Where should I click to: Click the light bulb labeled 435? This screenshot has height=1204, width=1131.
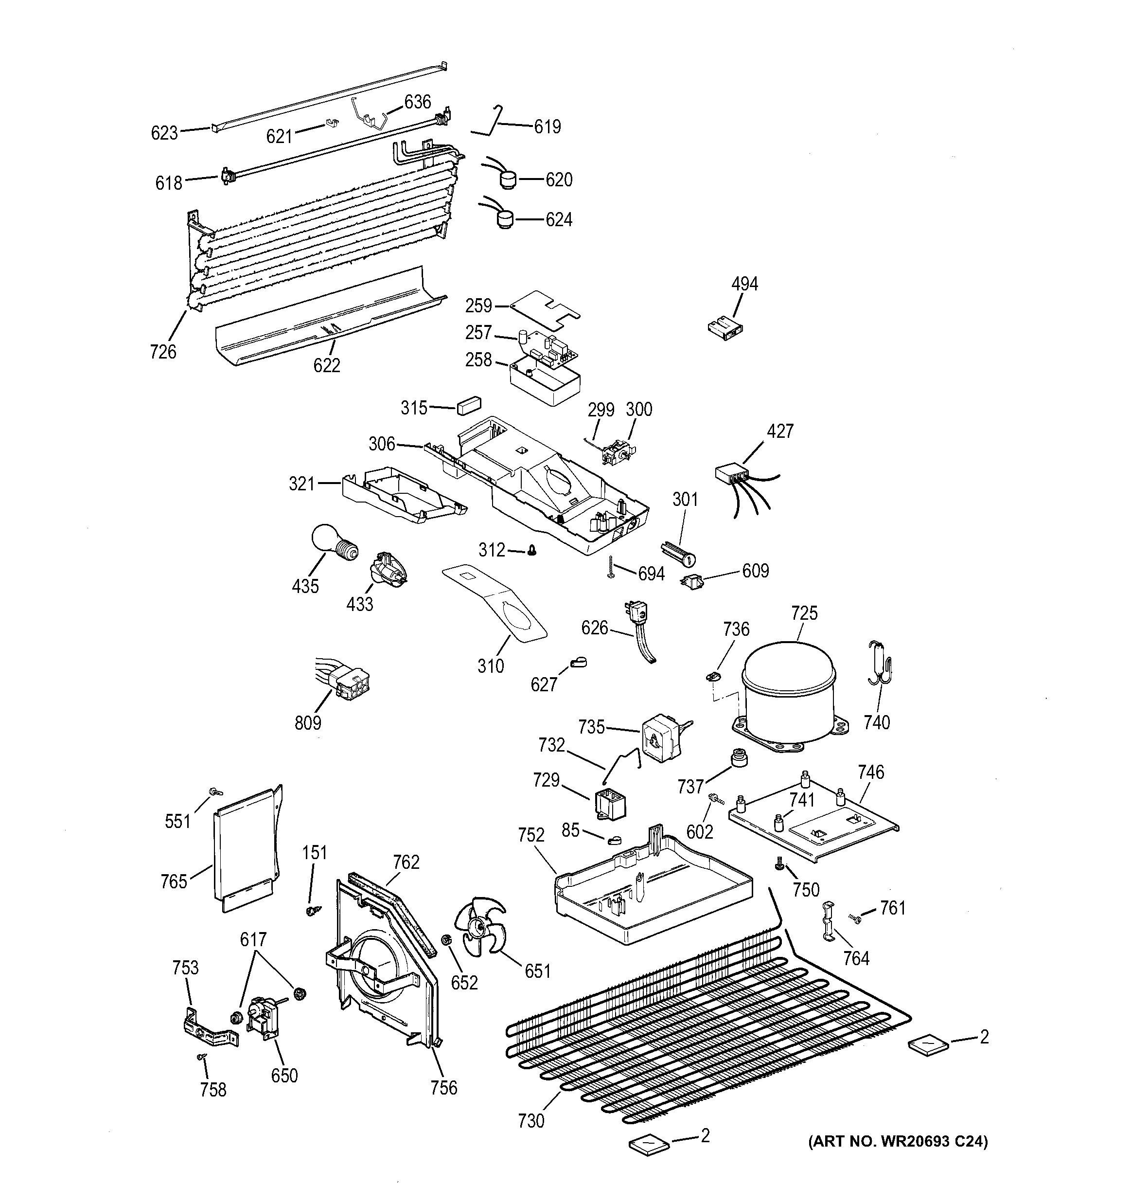[x=332, y=542]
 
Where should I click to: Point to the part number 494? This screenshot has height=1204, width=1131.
[x=744, y=284]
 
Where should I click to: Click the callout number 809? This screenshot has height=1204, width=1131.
[x=308, y=722]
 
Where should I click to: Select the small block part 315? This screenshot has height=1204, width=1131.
[x=469, y=405]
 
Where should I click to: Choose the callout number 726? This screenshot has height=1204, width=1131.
[x=163, y=351]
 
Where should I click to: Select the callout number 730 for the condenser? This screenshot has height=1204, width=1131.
[x=531, y=1121]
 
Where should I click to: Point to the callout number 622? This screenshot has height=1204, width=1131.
[x=326, y=365]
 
